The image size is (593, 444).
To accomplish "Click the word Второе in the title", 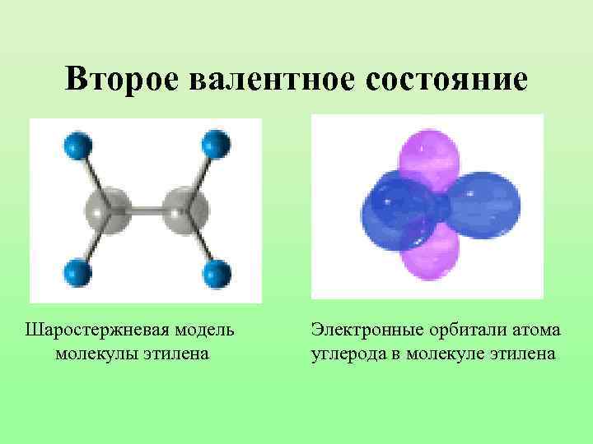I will (124, 80).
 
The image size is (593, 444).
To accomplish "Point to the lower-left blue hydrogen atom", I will (77, 271).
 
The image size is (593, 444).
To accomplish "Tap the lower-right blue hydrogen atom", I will (215, 271).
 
